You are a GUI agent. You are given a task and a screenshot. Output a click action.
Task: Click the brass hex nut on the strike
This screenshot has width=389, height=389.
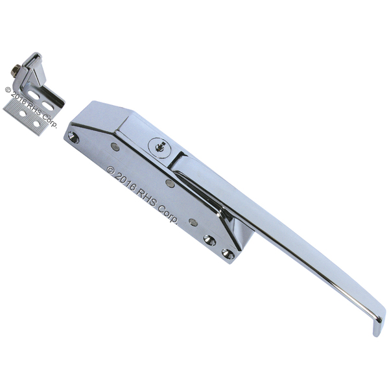coord(16,69)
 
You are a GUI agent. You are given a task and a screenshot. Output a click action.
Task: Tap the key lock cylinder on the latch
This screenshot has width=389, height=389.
coord(158,147)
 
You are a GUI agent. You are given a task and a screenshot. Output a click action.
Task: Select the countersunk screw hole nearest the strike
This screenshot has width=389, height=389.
coord(73,137)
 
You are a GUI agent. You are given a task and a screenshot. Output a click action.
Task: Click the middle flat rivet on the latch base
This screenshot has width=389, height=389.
coord(170,183)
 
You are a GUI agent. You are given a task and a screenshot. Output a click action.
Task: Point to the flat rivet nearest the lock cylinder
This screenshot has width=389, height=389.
coord(115,147)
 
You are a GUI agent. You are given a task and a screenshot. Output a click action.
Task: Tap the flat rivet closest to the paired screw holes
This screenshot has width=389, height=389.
coord(193,222)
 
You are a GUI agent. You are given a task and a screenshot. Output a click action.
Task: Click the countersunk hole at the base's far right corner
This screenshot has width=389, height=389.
coord(228,253)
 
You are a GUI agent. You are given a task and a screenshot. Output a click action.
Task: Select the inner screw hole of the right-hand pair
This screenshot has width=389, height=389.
coord(210,240)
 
